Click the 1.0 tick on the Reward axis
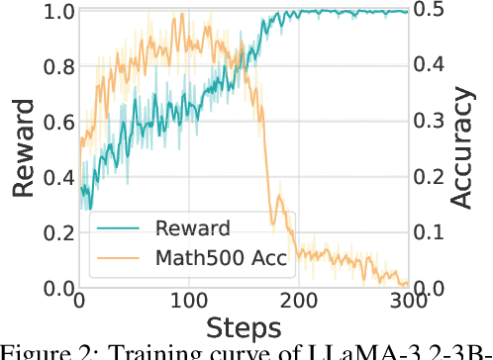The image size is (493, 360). pos(53,13)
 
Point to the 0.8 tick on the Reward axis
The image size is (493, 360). pos(53,68)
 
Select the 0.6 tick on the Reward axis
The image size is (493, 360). pos(53,124)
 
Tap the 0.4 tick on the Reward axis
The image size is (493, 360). pos(53,179)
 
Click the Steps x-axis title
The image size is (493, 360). pos(244,325)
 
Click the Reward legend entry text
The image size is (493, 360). pos(194,228)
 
